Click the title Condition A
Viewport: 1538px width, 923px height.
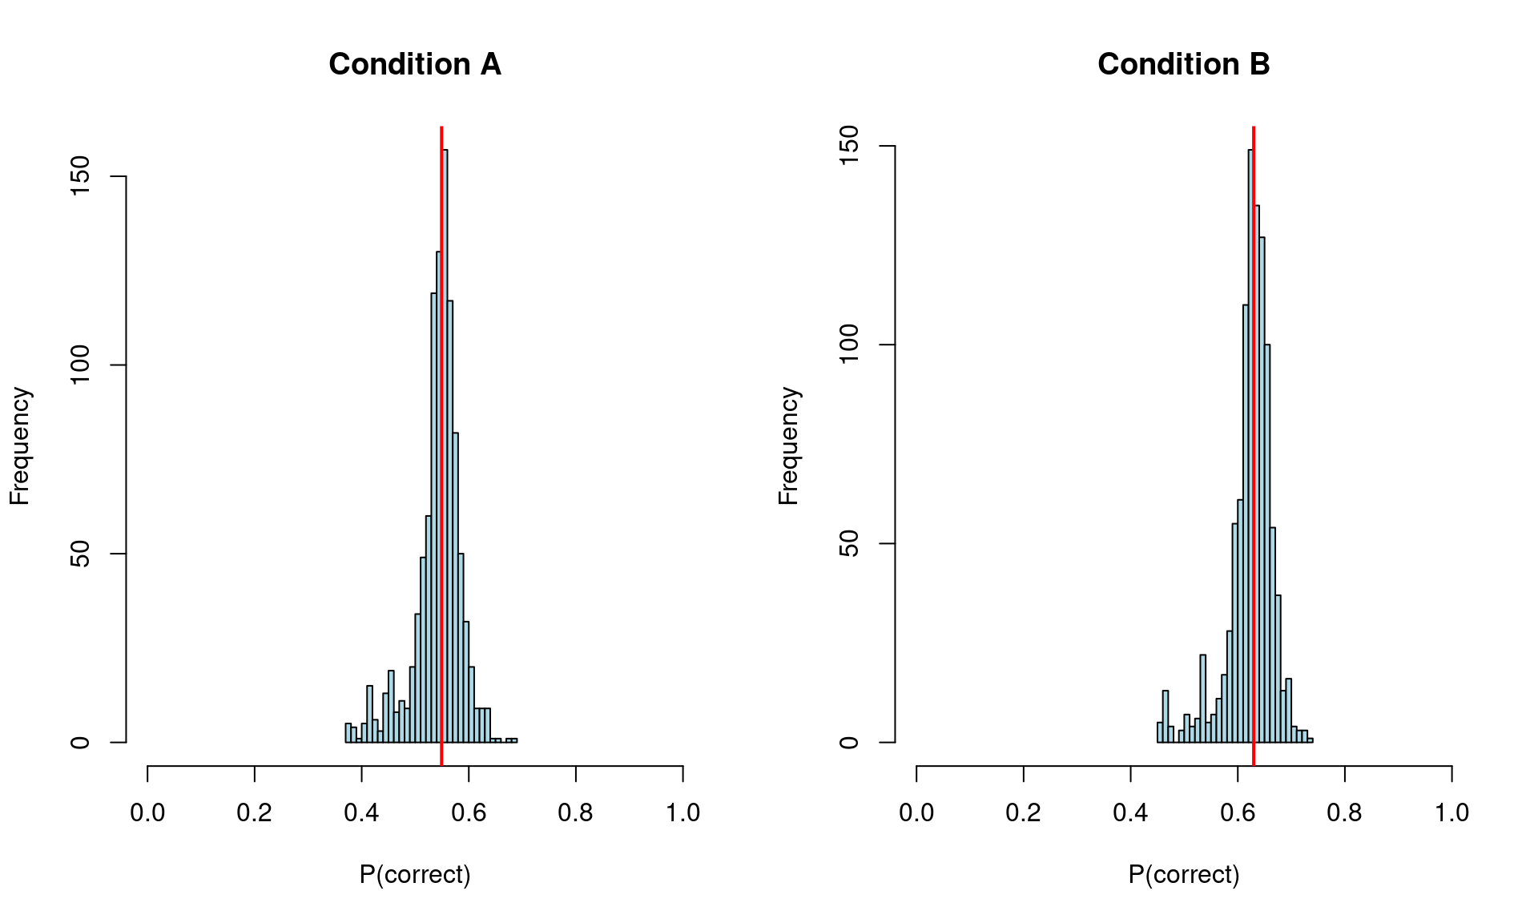pyautogui.click(x=415, y=64)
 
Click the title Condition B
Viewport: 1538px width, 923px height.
pyautogui.click(x=1183, y=64)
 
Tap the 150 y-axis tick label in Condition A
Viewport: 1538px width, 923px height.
pyautogui.click(x=80, y=176)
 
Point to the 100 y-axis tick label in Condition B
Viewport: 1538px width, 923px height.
pyautogui.click(x=849, y=345)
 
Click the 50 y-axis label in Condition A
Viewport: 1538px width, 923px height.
pyautogui.click(x=80, y=554)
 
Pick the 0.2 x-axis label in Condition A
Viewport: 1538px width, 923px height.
pyautogui.click(x=254, y=812)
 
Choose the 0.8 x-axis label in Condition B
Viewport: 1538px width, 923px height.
pyautogui.click(x=1344, y=812)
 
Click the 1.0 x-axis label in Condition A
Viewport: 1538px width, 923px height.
pyautogui.click(x=682, y=812)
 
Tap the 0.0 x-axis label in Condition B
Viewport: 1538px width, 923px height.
pyautogui.click(x=916, y=812)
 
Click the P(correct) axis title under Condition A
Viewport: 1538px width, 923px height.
pyautogui.click(x=415, y=874)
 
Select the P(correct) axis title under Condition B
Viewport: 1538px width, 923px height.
pyautogui.click(x=1183, y=874)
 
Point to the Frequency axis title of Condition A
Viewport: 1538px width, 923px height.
pyautogui.click(x=19, y=445)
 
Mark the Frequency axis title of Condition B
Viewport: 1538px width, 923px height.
pyautogui.click(x=788, y=445)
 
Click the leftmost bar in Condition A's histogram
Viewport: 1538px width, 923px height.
pyautogui.click(x=348, y=733)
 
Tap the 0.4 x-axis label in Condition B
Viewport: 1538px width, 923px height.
pyautogui.click(x=1130, y=812)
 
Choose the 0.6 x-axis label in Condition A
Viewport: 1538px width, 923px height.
pyautogui.click(x=469, y=812)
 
